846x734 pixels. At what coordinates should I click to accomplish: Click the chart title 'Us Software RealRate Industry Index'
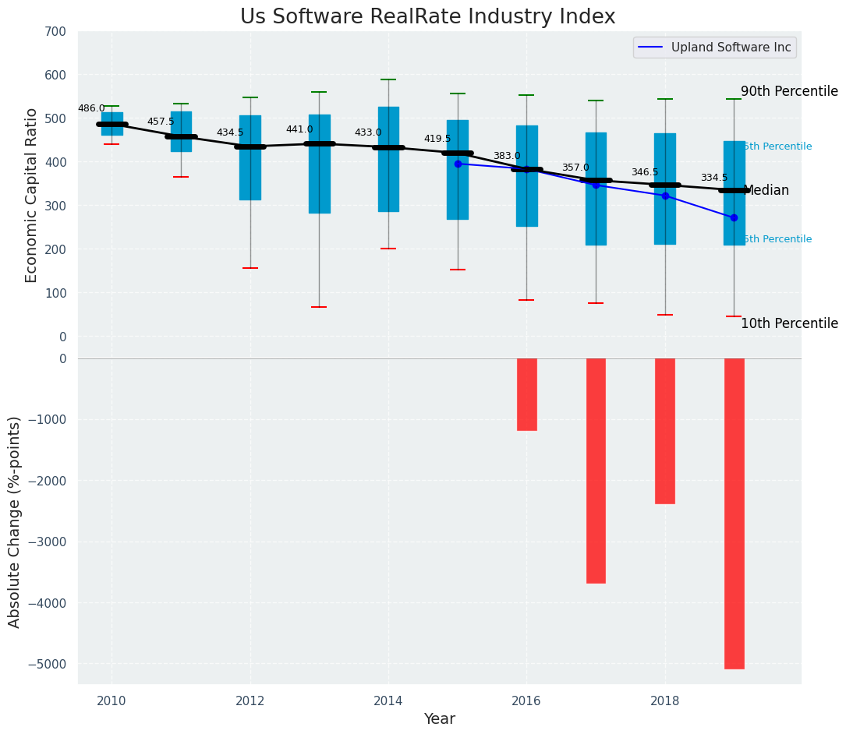(427, 17)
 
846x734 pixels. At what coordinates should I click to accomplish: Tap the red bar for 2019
(734, 513)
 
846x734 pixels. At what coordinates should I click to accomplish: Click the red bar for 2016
(526, 394)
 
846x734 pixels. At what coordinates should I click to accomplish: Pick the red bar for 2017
(596, 471)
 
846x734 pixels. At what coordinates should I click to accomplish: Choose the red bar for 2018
(665, 431)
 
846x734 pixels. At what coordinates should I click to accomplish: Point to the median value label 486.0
(91, 108)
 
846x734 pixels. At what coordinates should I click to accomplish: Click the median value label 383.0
(507, 156)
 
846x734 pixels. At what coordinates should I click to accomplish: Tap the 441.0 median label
(299, 129)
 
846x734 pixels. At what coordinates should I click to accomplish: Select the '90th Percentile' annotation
(789, 91)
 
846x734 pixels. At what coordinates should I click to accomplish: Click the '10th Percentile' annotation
(789, 323)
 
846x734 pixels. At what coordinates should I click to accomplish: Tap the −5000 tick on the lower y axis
(48, 664)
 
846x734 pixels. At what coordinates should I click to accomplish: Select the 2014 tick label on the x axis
(388, 700)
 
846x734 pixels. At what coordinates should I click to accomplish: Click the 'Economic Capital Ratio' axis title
(32, 195)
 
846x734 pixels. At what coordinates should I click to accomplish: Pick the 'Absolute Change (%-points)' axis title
(15, 521)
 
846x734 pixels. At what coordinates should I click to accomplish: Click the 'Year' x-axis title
(440, 718)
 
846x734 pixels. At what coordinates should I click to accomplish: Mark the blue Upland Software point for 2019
(734, 217)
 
